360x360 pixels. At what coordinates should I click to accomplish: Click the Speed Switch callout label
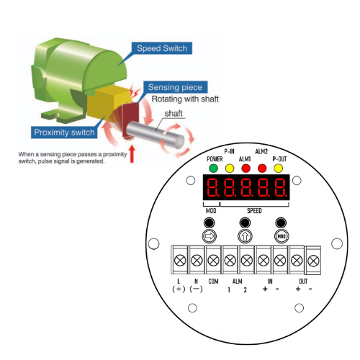[162, 48]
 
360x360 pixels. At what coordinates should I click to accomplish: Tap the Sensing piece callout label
[175, 87]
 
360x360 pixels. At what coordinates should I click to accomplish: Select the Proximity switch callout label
[64, 132]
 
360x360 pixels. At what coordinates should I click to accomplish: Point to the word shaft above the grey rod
[174, 113]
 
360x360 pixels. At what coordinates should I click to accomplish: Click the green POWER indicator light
[213, 168]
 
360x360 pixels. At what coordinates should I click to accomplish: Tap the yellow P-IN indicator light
[230, 168]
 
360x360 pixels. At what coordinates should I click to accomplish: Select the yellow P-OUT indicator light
[279, 168]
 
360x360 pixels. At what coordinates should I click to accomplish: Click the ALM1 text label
[245, 159]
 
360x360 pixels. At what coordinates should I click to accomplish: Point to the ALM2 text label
[261, 151]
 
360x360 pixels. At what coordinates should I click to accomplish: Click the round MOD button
[282, 236]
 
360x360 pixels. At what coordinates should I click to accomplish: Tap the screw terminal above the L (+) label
[180, 260]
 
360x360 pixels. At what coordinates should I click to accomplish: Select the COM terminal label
[213, 282]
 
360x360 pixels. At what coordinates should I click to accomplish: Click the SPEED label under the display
[254, 211]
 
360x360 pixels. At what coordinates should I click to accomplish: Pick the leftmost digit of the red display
[212, 187]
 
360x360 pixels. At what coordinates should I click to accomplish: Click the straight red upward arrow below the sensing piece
[132, 154]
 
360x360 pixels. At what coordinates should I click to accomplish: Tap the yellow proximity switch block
[108, 103]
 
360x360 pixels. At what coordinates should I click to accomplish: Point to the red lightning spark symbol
[134, 91]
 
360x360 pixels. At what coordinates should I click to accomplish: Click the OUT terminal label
[303, 282]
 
